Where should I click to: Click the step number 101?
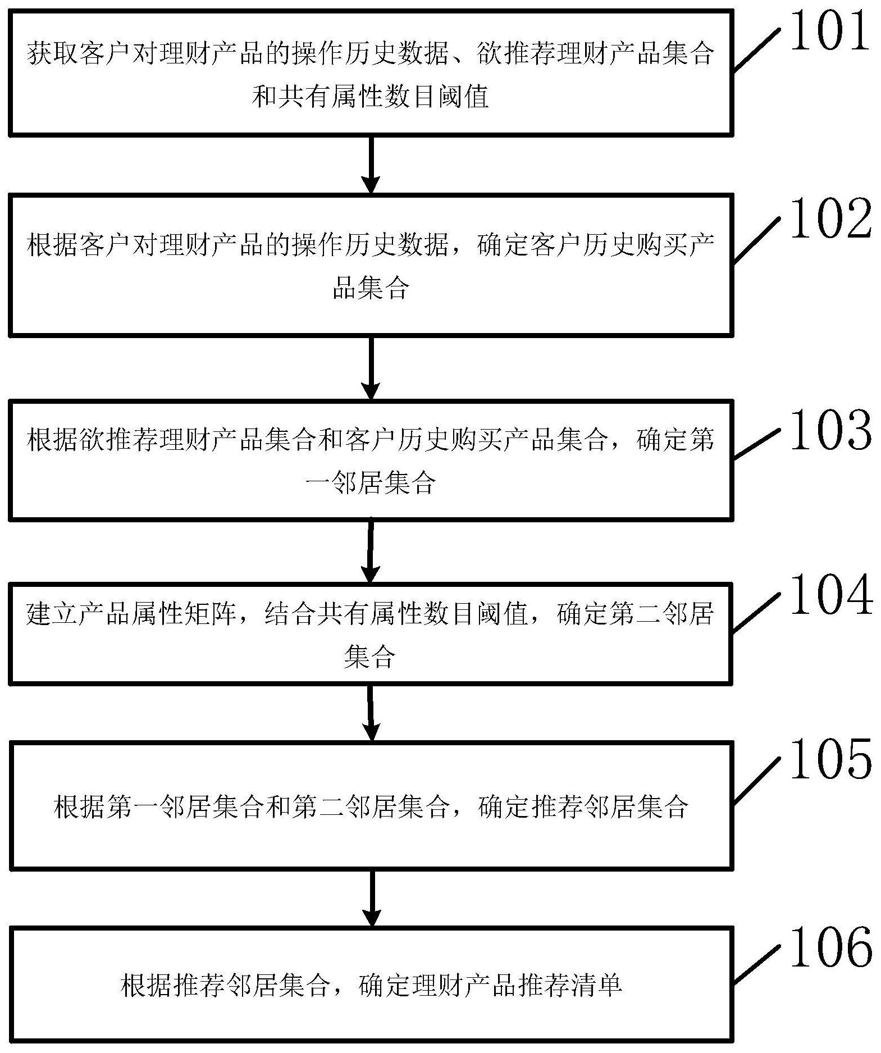click(830, 33)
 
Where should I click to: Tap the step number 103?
click(830, 431)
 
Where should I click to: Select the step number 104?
click(830, 595)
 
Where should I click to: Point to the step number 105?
click(830, 759)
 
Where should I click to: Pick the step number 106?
click(830, 948)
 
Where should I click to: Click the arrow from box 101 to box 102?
click(371, 164)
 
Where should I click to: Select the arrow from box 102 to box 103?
click(371, 368)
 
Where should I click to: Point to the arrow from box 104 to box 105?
click(371, 712)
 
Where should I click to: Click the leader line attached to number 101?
click(756, 51)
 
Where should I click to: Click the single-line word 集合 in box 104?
click(369, 656)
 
